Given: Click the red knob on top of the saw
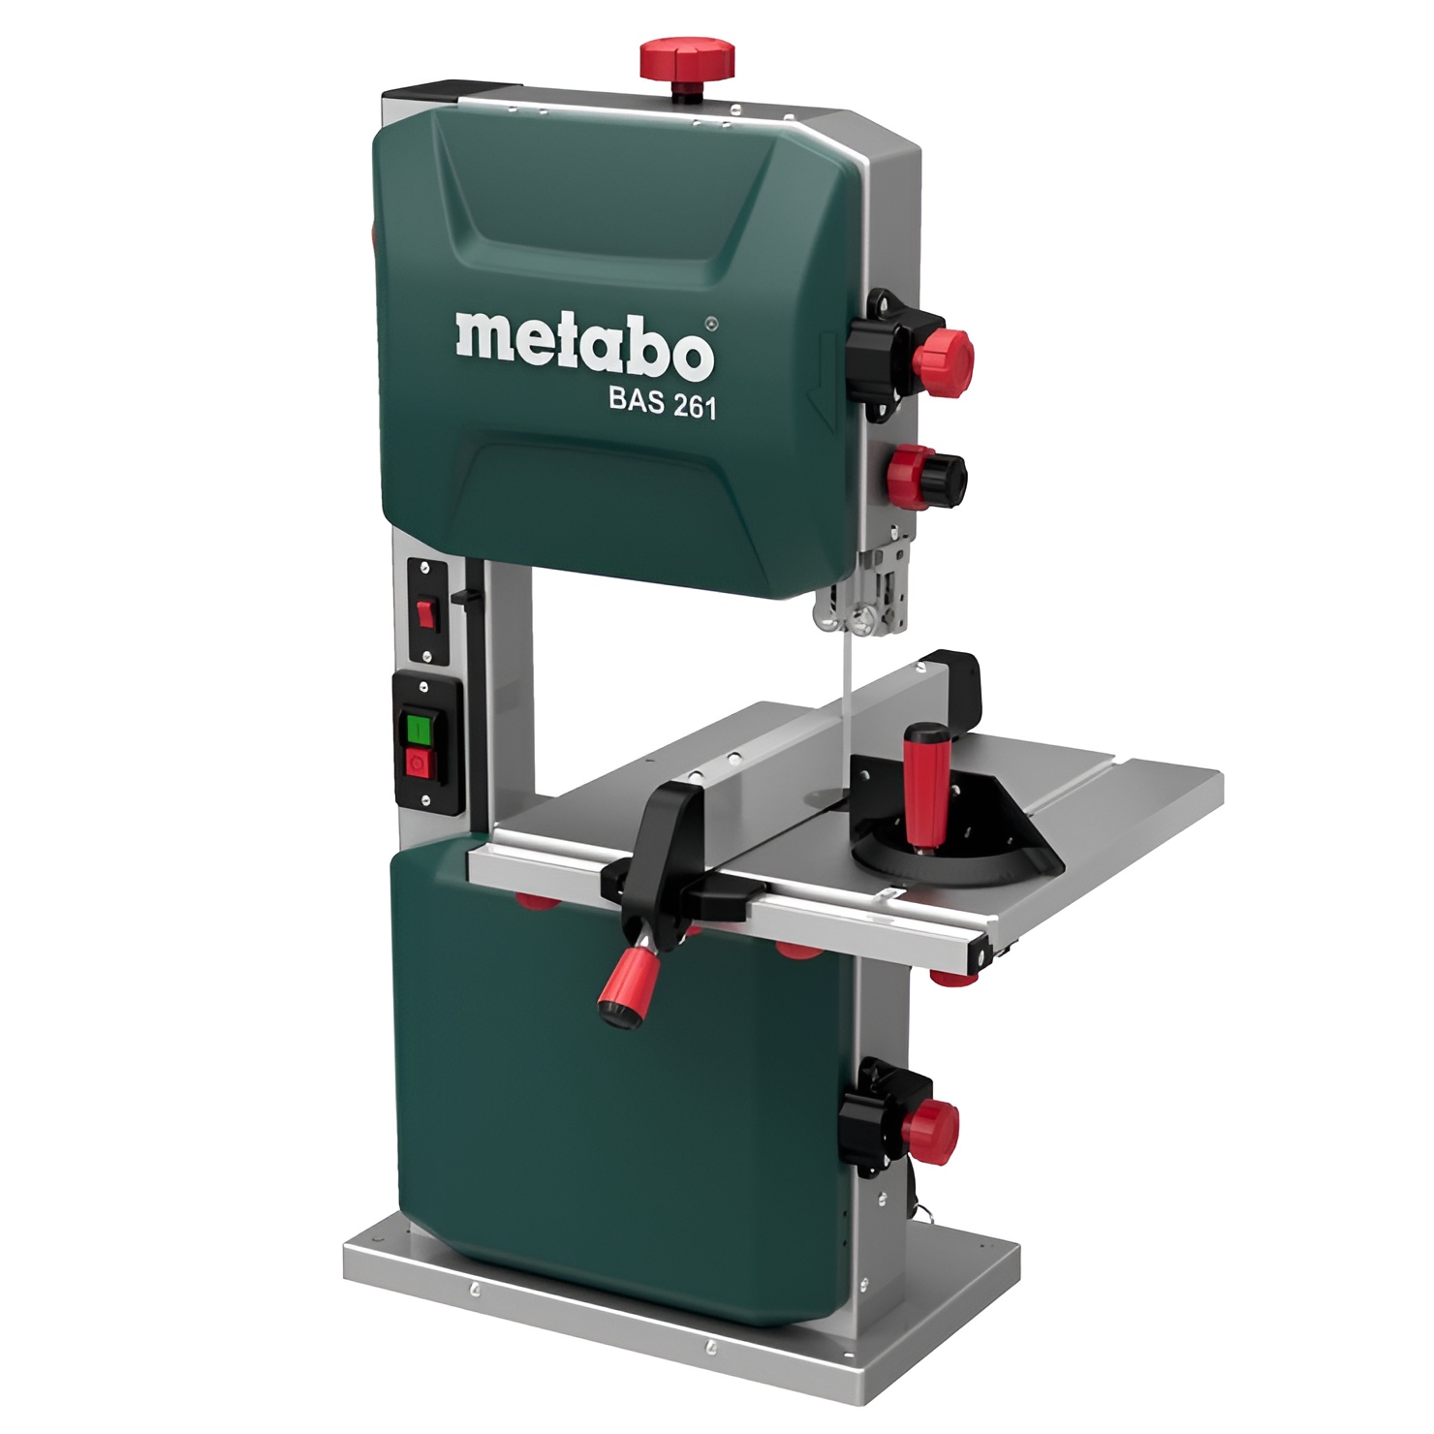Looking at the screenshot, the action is point(686,59).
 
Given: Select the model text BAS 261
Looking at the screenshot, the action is point(663,403).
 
